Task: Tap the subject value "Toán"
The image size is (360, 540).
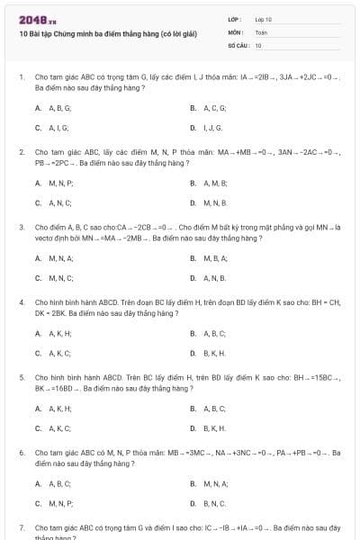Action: (261, 31)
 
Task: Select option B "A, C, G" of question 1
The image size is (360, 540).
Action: (210, 107)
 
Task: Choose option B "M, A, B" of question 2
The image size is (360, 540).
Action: (210, 183)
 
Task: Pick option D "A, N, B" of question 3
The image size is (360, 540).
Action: (210, 277)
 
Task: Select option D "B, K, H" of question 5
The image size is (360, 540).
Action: (210, 427)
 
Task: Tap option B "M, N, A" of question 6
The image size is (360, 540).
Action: (211, 483)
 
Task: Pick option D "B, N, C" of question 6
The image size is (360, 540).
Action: (210, 503)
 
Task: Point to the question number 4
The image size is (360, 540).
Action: (22, 302)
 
